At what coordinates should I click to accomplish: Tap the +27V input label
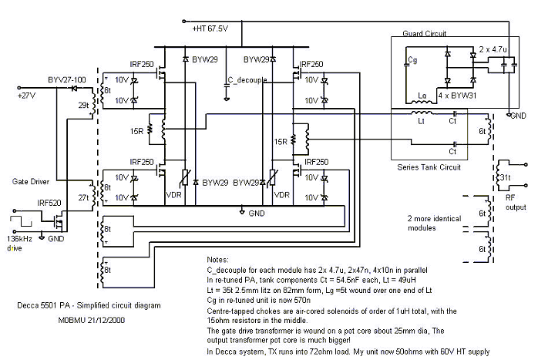[29, 96]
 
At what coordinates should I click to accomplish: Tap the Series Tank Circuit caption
[429, 167]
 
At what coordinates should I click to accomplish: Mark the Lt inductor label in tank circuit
[422, 121]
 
